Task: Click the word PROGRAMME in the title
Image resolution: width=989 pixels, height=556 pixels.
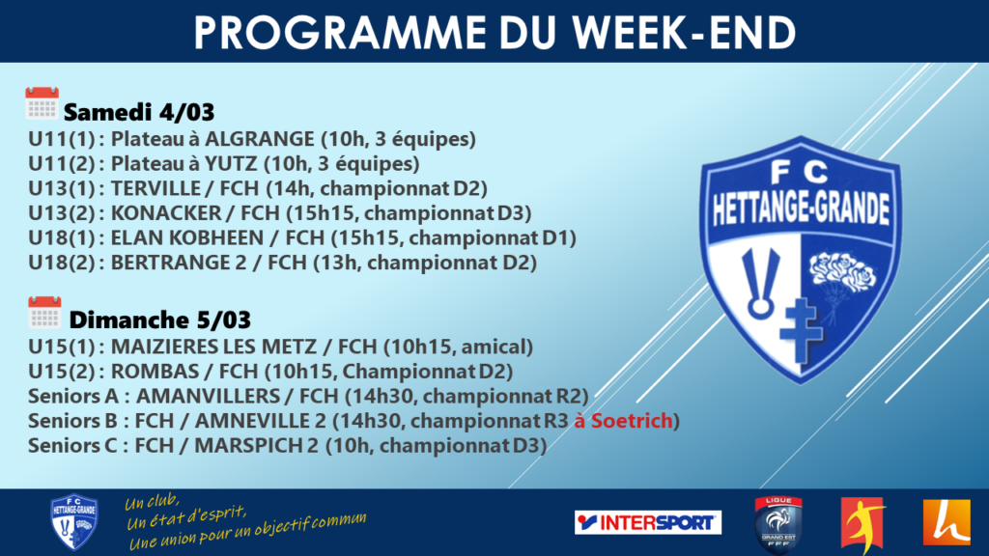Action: (340, 32)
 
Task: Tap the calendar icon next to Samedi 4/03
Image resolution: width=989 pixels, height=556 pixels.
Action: (42, 102)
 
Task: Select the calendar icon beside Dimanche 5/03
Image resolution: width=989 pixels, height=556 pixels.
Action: (44, 312)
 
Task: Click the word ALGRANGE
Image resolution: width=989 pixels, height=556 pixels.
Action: (260, 139)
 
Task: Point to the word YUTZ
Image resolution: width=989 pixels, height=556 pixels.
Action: (230, 164)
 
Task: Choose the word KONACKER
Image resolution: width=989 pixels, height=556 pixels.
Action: (166, 213)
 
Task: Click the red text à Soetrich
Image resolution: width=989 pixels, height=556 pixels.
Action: (623, 421)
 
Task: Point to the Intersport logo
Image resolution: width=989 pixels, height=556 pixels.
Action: (648, 522)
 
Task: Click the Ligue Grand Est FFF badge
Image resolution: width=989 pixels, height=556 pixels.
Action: (778, 524)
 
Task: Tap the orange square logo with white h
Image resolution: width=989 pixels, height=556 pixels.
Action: (947, 521)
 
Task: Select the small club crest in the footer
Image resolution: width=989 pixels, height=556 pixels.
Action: (73, 521)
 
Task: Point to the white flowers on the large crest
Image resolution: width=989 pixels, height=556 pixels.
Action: (842, 272)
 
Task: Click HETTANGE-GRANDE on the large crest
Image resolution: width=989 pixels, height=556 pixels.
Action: (801, 208)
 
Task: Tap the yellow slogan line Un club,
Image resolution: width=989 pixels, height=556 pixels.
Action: (152, 501)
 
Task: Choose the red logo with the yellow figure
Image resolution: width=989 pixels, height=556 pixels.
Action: (862, 524)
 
